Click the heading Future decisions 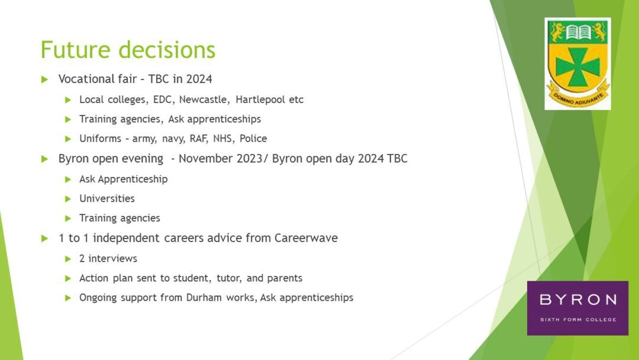point(128,50)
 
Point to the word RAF point(198,139)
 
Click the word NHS point(223,139)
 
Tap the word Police point(253,139)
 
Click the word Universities point(106,198)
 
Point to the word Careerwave point(306,238)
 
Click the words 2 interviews point(108,259)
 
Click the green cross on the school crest point(577,66)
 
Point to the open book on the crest point(578,32)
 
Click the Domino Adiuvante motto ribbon point(578,95)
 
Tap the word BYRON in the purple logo point(578,300)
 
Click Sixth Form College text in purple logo point(578,320)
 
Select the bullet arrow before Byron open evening point(45,159)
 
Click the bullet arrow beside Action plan point(68,278)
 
